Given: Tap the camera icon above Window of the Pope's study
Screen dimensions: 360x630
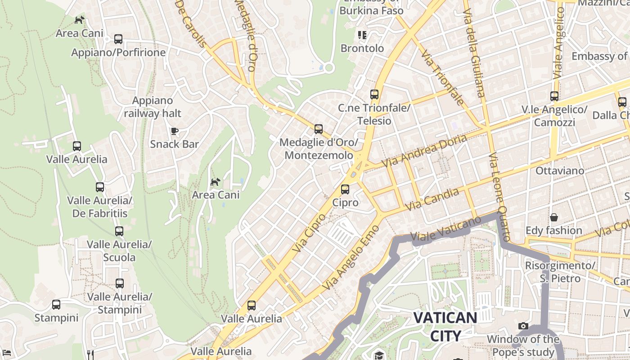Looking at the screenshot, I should pyautogui.click(x=523, y=326).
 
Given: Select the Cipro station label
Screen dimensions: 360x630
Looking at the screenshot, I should pyautogui.click(x=345, y=202).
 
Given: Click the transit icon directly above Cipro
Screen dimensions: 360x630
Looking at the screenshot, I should pyautogui.click(x=345, y=189).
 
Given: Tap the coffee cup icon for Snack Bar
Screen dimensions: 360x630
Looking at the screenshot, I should pyautogui.click(x=175, y=131).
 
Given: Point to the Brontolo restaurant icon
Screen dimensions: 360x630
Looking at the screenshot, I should pyautogui.click(x=362, y=35).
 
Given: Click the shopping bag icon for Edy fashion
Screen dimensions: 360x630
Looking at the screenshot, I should pyautogui.click(x=554, y=217).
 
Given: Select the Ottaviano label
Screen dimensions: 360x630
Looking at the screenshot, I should pyautogui.click(x=560, y=171).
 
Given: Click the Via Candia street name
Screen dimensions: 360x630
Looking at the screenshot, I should pyautogui.click(x=432, y=199).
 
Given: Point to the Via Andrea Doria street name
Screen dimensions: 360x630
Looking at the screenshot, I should pyautogui.click(x=424, y=151).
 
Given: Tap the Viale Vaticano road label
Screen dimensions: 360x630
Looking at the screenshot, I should pyautogui.click(x=445, y=230).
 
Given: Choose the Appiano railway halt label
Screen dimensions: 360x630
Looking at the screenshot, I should pyautogui.click(x=153, y=107).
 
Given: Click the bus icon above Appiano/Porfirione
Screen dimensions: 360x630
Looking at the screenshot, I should pyautogui.click(x=118, y=39).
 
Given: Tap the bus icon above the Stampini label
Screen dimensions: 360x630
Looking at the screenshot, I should pyautogui.click(x=56, y=305).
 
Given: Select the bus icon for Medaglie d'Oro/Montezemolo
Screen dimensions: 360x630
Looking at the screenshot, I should pyautogui.click(x=319, y=129).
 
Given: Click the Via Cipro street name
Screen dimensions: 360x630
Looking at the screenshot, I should pyautogui.click(x=309, y=233).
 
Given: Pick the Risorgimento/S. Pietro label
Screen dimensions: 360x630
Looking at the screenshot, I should pyautogui.click(x=560, y=272).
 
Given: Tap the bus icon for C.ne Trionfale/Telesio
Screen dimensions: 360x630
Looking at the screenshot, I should pyautogui.click(x=374, y=94).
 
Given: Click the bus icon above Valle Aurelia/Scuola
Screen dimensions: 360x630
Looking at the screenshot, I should pyautogui.click(x=119, y=231).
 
